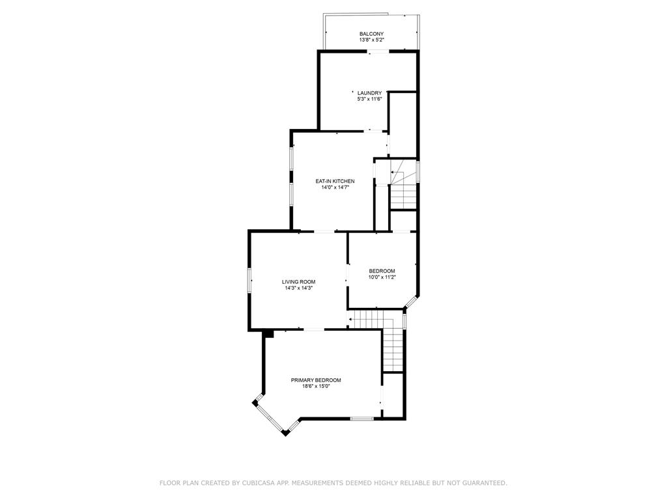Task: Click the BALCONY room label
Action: pos(371,34)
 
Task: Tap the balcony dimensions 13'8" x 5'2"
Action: pos(371,40)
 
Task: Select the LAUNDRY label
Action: pos(369,93)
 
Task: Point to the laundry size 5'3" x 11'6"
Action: pos(369,100)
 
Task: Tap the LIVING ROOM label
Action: pos(298,282)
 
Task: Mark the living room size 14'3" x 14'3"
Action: pos(298,288)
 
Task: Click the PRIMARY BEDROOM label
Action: pos(316,380)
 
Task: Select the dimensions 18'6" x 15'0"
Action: pos(316,387)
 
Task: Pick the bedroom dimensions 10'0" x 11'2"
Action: pos(382,277)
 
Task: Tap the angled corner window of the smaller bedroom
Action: pos(411,301)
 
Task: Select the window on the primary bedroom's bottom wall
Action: pos(362,418)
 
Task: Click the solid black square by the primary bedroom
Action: pos(268,333)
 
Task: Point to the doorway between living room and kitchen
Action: pos(324,231)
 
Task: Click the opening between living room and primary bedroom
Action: pos(313,329)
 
